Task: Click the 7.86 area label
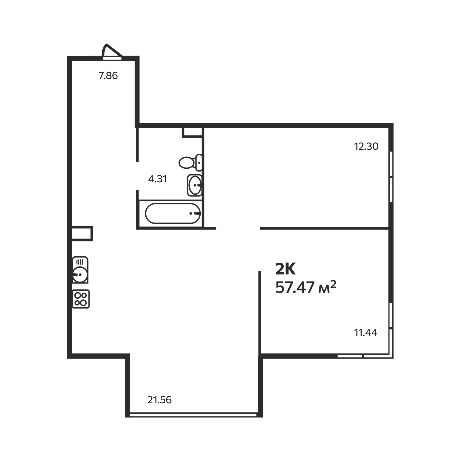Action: click(108, 76)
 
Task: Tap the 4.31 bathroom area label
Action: click(157, 179)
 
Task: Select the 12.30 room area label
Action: click(366, 146)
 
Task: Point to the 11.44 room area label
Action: click(366, 333)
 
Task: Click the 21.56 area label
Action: click(159, 400)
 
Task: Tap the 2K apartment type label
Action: click(285, 270)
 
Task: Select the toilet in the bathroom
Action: click(190, 163)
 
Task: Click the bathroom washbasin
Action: click(195, 185)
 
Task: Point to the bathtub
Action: click(173, 213)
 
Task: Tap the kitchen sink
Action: click(80, 270)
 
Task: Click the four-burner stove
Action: click(81, 299)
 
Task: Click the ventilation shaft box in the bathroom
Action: click(192, 132)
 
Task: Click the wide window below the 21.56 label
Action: click(193, 414)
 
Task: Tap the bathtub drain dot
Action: click(191, 213)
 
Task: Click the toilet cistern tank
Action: click(199, 163)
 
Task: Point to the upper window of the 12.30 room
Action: click(391, 164)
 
